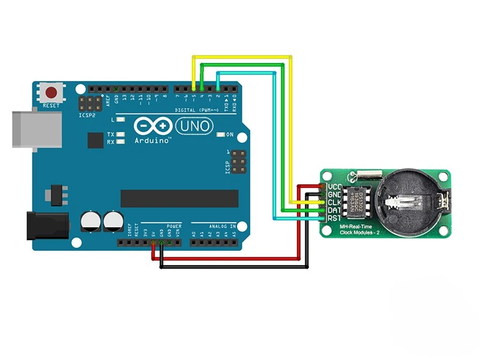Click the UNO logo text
tap(193, 126)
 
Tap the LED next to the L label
tap(121, 121)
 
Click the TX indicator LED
tap(121, 134)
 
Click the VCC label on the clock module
tap(334, 187)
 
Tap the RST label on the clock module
tap(334, 218)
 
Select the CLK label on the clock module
tap(334, 203)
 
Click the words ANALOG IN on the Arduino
tap(223, 226)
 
